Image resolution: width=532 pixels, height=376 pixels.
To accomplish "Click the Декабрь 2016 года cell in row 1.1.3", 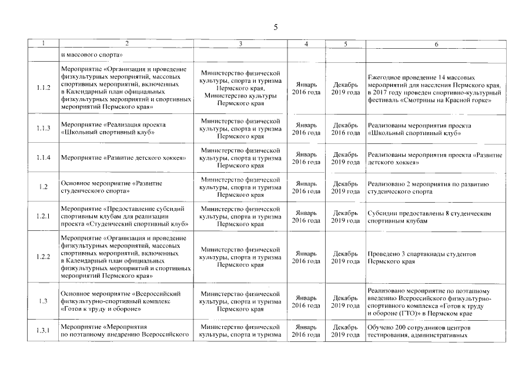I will pos(346,129).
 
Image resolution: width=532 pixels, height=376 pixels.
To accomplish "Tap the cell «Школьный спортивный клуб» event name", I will pos(113,129).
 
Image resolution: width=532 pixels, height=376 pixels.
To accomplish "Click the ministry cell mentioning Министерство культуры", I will pos(240,88).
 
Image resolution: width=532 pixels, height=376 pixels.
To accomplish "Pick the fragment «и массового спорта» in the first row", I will pos(91,55).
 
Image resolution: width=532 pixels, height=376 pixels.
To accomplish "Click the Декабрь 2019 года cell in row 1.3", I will pos(346,301).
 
